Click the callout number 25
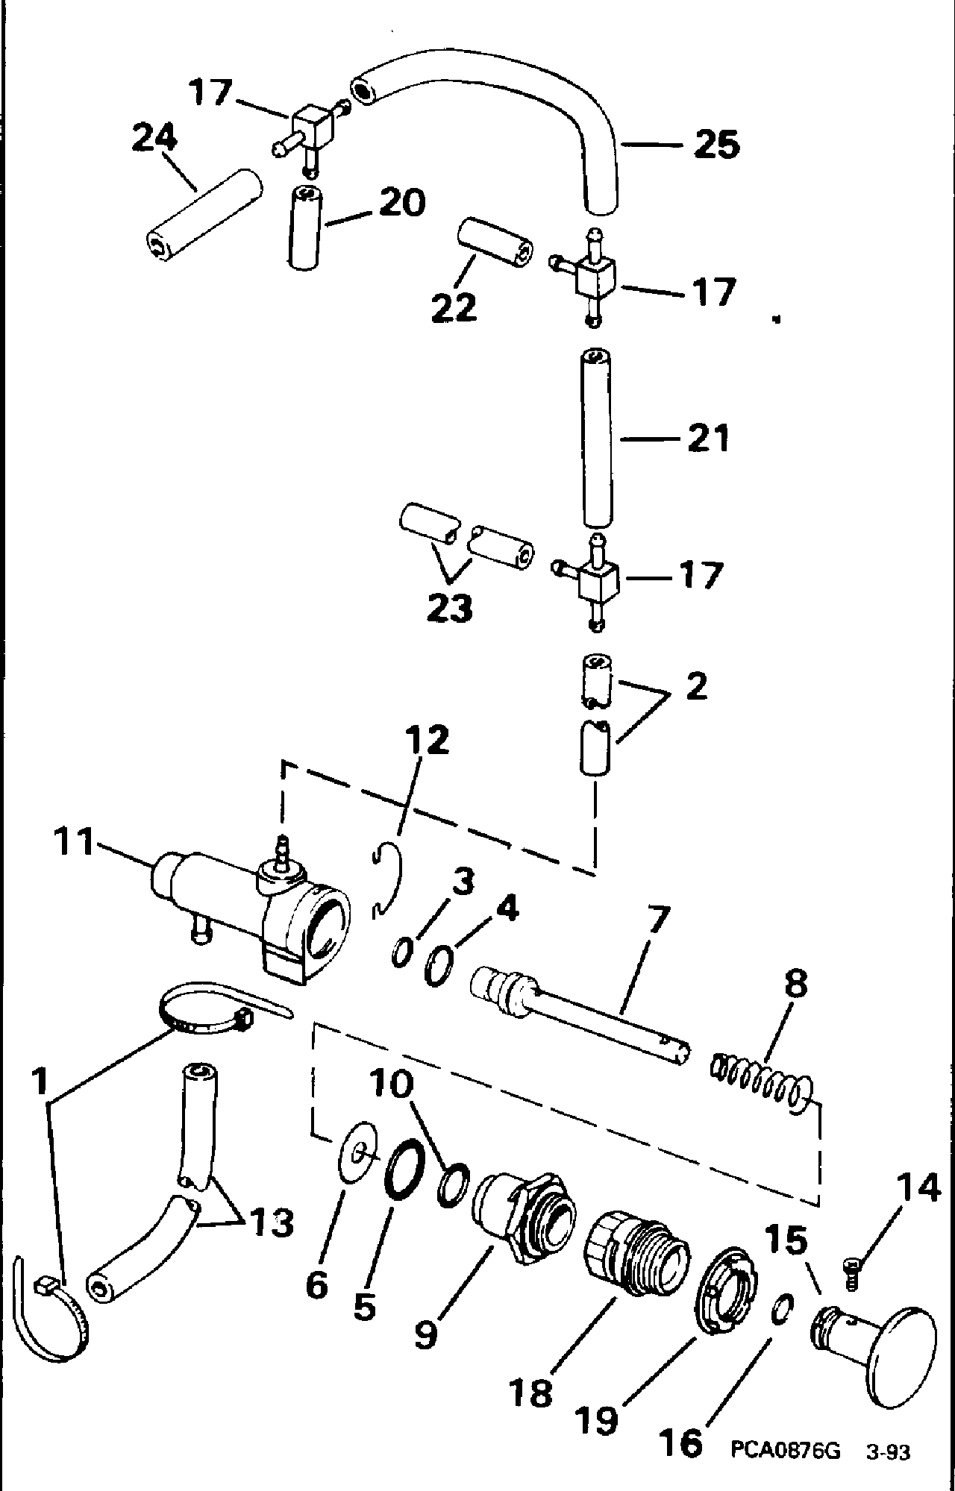click(716, 144)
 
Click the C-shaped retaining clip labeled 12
click(388, 879)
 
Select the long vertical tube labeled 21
click(597, 439)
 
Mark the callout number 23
click(450, 609)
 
